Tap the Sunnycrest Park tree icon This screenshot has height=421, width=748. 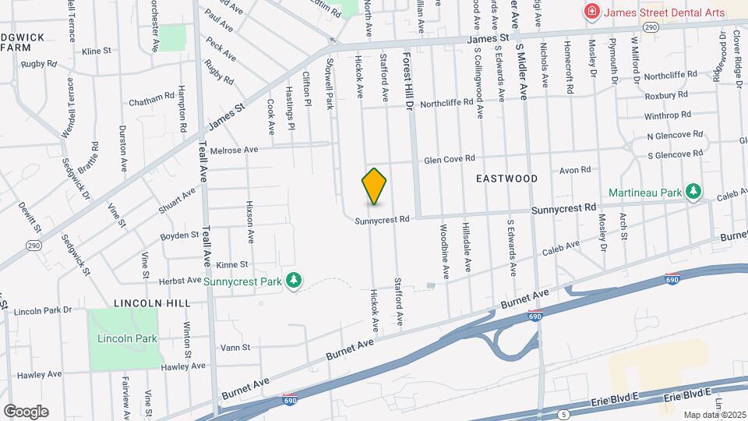293,280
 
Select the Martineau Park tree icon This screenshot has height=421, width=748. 693,192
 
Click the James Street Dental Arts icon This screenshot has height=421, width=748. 592,12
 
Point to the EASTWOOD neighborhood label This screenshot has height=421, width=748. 506,179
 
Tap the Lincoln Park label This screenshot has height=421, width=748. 128,338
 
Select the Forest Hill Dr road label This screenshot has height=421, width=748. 406,82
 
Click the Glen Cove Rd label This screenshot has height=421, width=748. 449,159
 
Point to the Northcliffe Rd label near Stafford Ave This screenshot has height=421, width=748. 446,102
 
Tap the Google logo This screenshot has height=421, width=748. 26,411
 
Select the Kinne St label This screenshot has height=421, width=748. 231,264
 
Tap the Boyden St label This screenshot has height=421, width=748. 179,235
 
